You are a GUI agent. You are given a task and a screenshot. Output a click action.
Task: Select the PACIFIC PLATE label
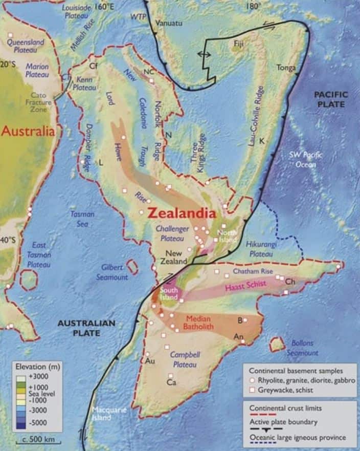click(x=330, y=99)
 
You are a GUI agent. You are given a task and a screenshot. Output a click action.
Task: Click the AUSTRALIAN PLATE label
click(x=86, y=328)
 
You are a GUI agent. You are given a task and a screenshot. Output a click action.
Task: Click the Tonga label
click(x=286, y=68)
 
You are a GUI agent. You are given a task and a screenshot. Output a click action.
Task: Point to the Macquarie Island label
click(x=108, y=414)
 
